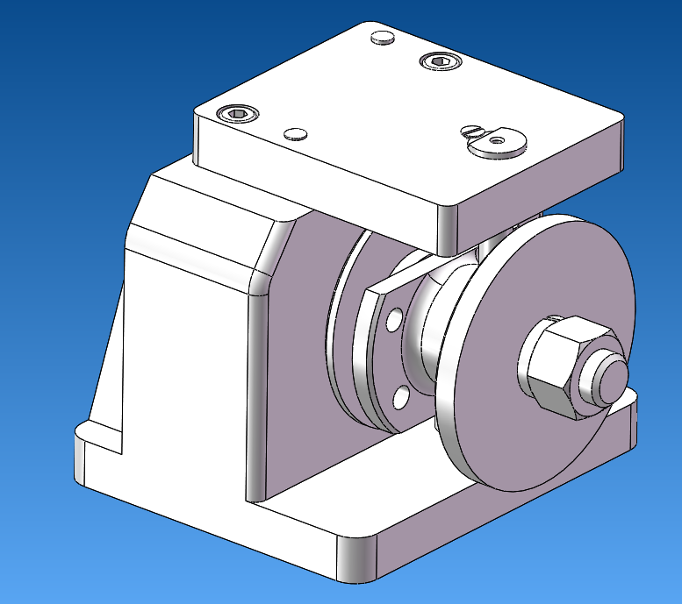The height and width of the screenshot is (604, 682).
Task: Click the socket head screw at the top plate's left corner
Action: point(238,114)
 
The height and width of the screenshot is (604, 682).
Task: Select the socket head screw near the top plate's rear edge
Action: point(438,60)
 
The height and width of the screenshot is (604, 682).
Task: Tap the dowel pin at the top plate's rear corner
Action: point(383,38)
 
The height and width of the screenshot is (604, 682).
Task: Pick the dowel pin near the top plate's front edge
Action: point(296,133)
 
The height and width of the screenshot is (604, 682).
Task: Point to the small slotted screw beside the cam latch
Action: point(472,131)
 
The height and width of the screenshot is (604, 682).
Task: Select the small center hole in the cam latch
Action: point(498,139)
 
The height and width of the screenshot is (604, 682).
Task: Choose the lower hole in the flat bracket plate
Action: point(401,399)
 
